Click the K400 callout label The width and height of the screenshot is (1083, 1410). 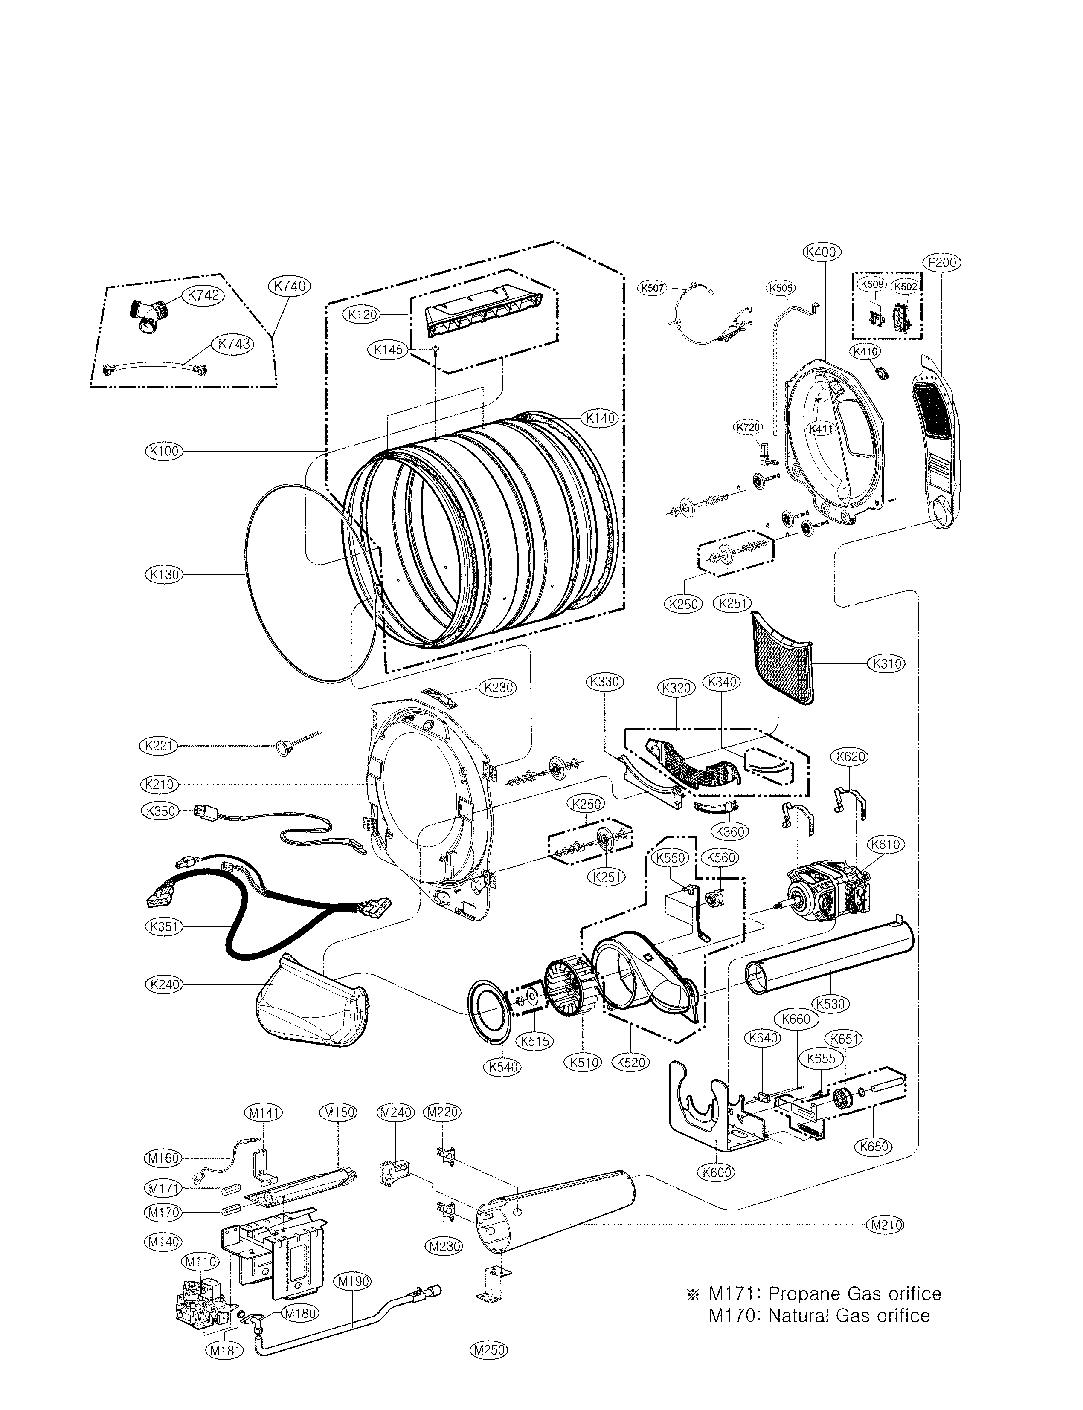click(x=822, y=252)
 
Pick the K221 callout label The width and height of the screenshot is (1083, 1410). click(x=159, y=746)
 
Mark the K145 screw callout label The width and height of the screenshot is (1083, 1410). click(x=388, y=350)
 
